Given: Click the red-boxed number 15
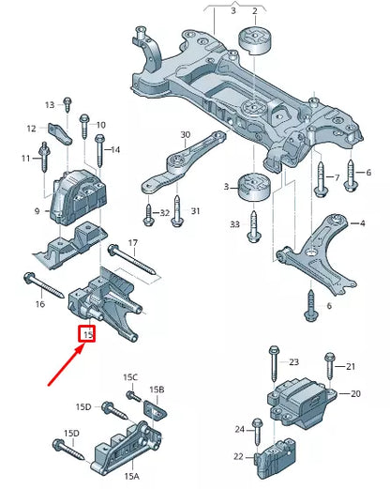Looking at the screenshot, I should pyautogui.click(x=88, y=333).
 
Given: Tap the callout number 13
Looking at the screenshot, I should pyautogui.click(x=50, y=104).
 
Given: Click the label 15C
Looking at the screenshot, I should pyautogui.click(x=130, y=377).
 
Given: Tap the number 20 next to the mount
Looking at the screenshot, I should pyautogui.click(x=355, y=394).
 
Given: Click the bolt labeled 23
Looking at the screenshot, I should pyautogui.click(x=271, y=361).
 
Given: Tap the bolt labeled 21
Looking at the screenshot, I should pyautogui.click(x=329, y=366).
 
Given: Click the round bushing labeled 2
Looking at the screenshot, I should pyautogui.click(x=254, y=42).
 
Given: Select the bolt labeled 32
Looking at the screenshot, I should pyautogui.click(x=150, y=218).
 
